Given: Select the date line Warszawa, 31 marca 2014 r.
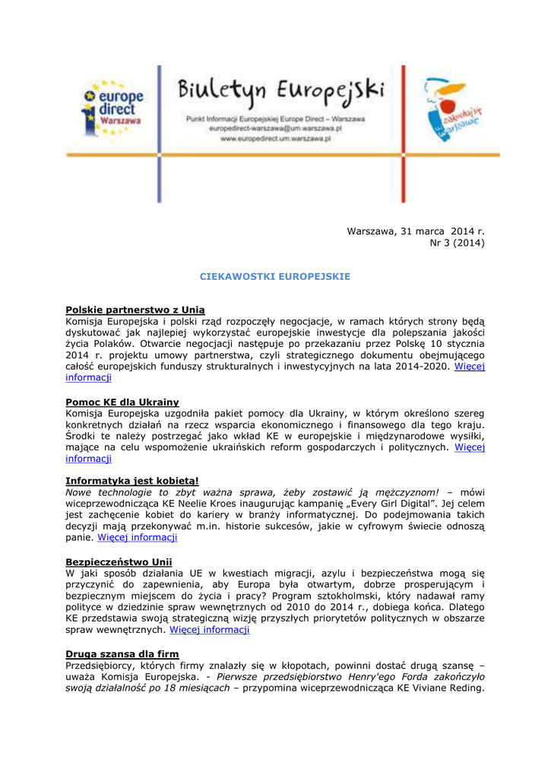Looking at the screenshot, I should [x=415, y=231].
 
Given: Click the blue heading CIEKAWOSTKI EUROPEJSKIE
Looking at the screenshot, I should [x=275, y=276].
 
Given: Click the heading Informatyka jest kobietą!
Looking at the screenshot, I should [x=132, y=481].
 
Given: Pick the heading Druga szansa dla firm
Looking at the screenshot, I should [x=122, y=654].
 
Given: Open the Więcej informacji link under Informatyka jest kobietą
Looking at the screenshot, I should [x=138, y=537].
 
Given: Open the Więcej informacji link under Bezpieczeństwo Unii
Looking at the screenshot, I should [x=209, y=630].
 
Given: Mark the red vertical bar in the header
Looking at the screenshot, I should [x=403, y=134].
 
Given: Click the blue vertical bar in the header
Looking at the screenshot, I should [x=159, y=134].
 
